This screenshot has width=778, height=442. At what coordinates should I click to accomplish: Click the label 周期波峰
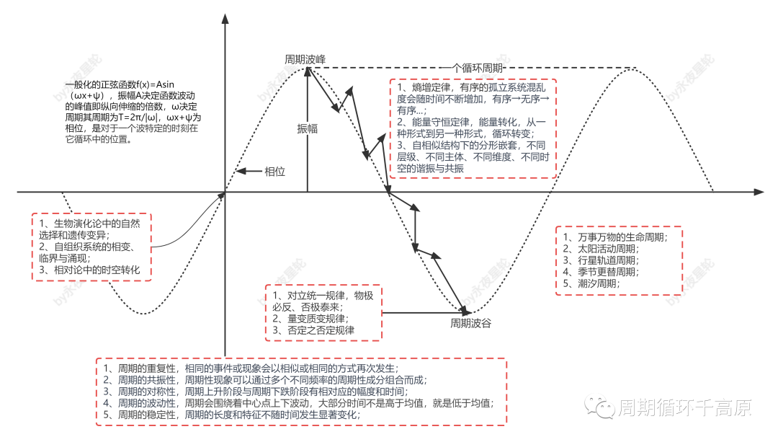(x=305, y=59)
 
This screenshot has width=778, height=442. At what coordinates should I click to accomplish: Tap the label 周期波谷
(x=470, y=323)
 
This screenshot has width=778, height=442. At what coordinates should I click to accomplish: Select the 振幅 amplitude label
(x=308, y=128)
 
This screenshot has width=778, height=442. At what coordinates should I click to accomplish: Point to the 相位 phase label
(x=275, y=172)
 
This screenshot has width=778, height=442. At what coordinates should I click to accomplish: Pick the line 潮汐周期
(x=594, y=283)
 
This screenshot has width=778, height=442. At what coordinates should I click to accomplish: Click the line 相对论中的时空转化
(x=91, y=270)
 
